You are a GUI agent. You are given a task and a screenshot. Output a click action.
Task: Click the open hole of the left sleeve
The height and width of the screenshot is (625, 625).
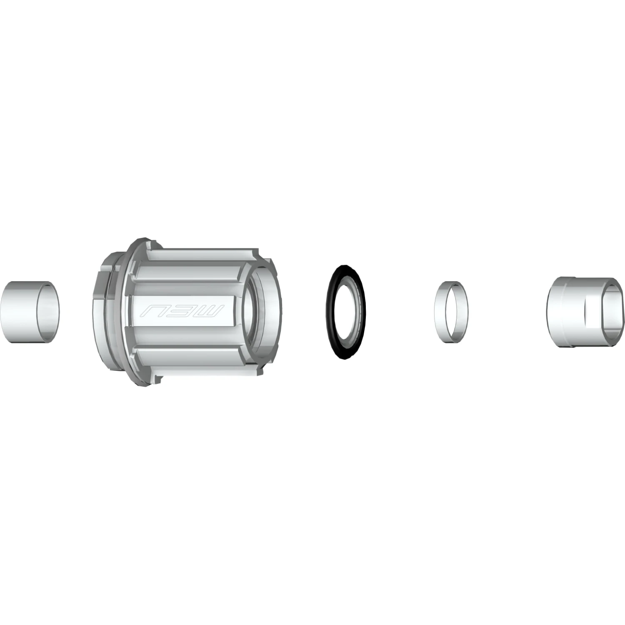pos(48,312)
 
